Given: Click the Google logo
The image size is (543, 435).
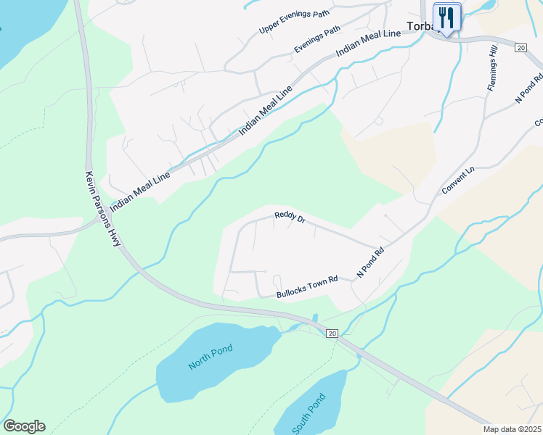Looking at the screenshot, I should [24, 426].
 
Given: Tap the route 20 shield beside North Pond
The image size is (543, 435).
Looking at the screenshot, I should [332, 333].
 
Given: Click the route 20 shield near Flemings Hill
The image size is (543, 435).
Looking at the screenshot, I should [520, 47].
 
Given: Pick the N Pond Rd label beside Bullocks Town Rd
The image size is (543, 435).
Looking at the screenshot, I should [370, 264].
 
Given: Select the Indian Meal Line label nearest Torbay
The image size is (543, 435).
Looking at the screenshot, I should [368, 44].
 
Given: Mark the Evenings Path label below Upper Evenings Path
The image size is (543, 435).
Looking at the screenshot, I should [317, 39].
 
